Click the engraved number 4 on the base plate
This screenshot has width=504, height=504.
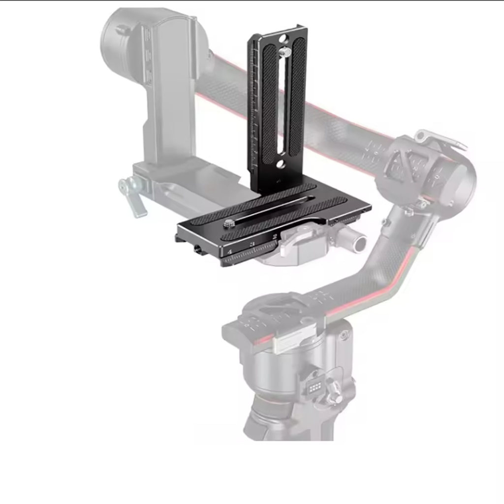pyautogui.click(x=229, y=252)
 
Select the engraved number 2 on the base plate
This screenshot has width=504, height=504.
pyautogui.click(x=274, y=237)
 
